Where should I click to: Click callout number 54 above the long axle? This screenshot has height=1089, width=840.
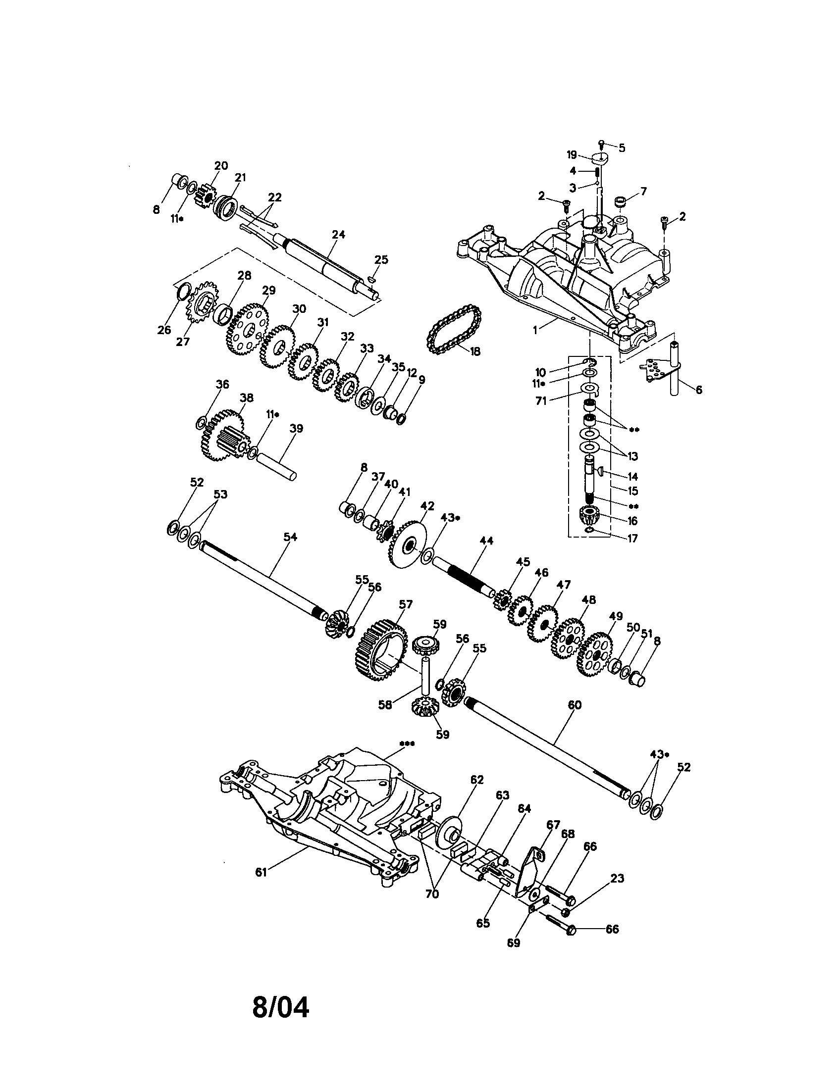pos(290,537)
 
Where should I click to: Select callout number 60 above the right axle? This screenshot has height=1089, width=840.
pos(574,705)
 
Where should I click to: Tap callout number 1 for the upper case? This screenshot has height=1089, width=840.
pos(535,331)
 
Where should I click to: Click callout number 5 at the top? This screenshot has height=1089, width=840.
pos(622,148)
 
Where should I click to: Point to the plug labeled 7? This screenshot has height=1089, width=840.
pos(620,202)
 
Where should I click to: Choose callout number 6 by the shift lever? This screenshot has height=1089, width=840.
pos(698,390)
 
